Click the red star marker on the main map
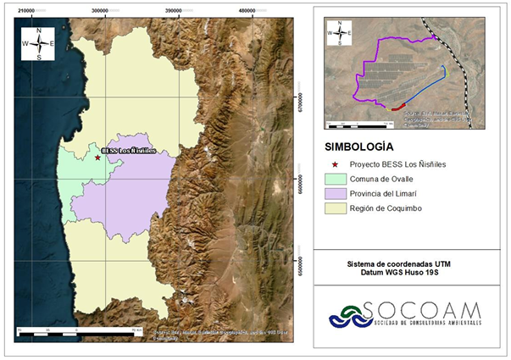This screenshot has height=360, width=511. point(97,158)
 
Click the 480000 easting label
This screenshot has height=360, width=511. point(248,10)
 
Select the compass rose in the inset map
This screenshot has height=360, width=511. point(339,35)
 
